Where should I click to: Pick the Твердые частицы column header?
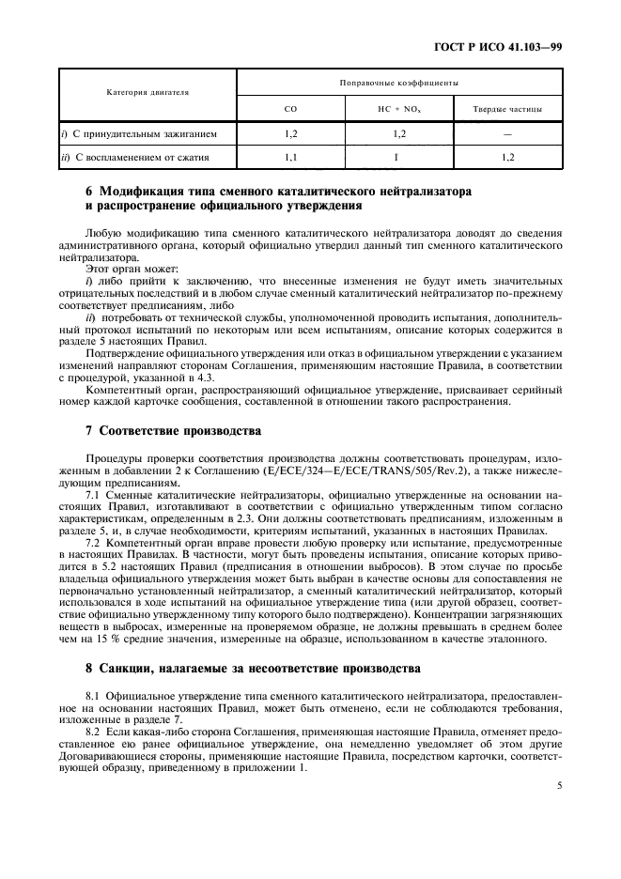coord(507,109)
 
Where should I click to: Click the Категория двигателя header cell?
coord(147,93)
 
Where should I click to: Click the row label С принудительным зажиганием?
coord(139,134)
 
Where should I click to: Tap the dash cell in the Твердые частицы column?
coord(507,134)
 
